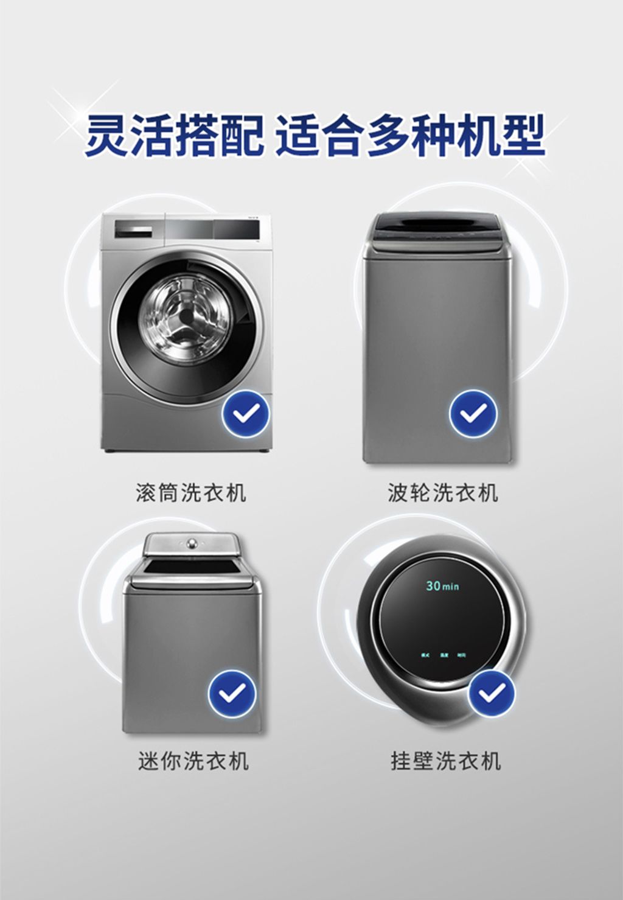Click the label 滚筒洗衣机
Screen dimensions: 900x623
click(x=191, y=492)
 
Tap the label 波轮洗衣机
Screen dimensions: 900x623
click(x=443, y=492)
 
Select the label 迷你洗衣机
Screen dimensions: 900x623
click(x=193, y=761)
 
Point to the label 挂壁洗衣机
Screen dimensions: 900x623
click(x=446, y=761)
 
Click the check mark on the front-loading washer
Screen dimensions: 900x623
click(x=245, y=414)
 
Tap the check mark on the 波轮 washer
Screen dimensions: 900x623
click(x=473, y=414)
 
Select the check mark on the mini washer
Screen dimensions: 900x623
click(x=232, y=692)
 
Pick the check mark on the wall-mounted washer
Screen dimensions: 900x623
click(x=492, y=692)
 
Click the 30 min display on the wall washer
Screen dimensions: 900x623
click(x=442, y=586)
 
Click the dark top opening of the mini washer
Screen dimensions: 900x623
click(x=193, y=567)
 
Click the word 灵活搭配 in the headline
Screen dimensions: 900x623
click(x=175, y=134)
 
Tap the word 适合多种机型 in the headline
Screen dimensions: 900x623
click(x=410, y=134)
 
